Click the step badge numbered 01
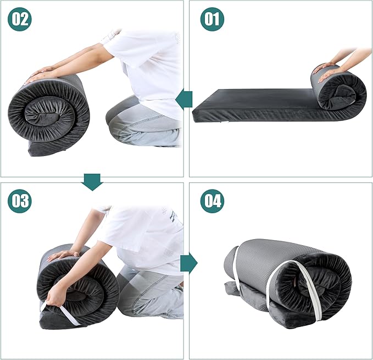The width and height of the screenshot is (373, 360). pos(212,19)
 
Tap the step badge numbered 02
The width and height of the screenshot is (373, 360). pos(20,19)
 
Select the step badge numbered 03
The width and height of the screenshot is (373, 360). pos(20,201)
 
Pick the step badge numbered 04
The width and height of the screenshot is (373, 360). pos(212,201)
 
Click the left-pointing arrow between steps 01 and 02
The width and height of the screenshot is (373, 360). pos(184,99)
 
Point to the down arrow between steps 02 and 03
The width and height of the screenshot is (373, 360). pos(92,182)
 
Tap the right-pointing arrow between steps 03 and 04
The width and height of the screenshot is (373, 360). pos(189,263)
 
